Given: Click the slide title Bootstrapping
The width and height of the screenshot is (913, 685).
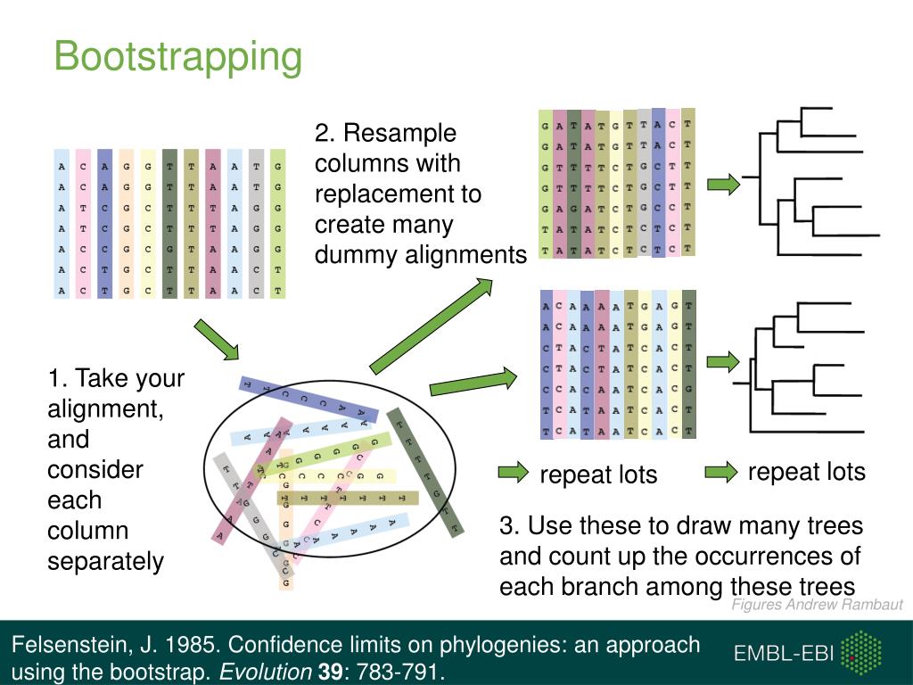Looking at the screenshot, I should [178, 57].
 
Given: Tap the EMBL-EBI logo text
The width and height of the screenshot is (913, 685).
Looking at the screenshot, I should [784, 654].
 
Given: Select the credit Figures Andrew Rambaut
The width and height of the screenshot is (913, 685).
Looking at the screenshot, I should [817, 605].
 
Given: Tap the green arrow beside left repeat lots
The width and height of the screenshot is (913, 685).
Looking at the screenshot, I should [513, 473].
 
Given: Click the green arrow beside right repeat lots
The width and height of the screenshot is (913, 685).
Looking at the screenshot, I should [720, 471].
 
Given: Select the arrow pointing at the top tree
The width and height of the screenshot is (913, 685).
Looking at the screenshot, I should [724, 185].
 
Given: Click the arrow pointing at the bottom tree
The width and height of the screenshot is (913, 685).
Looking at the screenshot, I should [724, 361].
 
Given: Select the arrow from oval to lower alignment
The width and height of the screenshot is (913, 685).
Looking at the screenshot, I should [473, 382].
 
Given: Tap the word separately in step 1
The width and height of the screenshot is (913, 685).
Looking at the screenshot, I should [106, 561].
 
